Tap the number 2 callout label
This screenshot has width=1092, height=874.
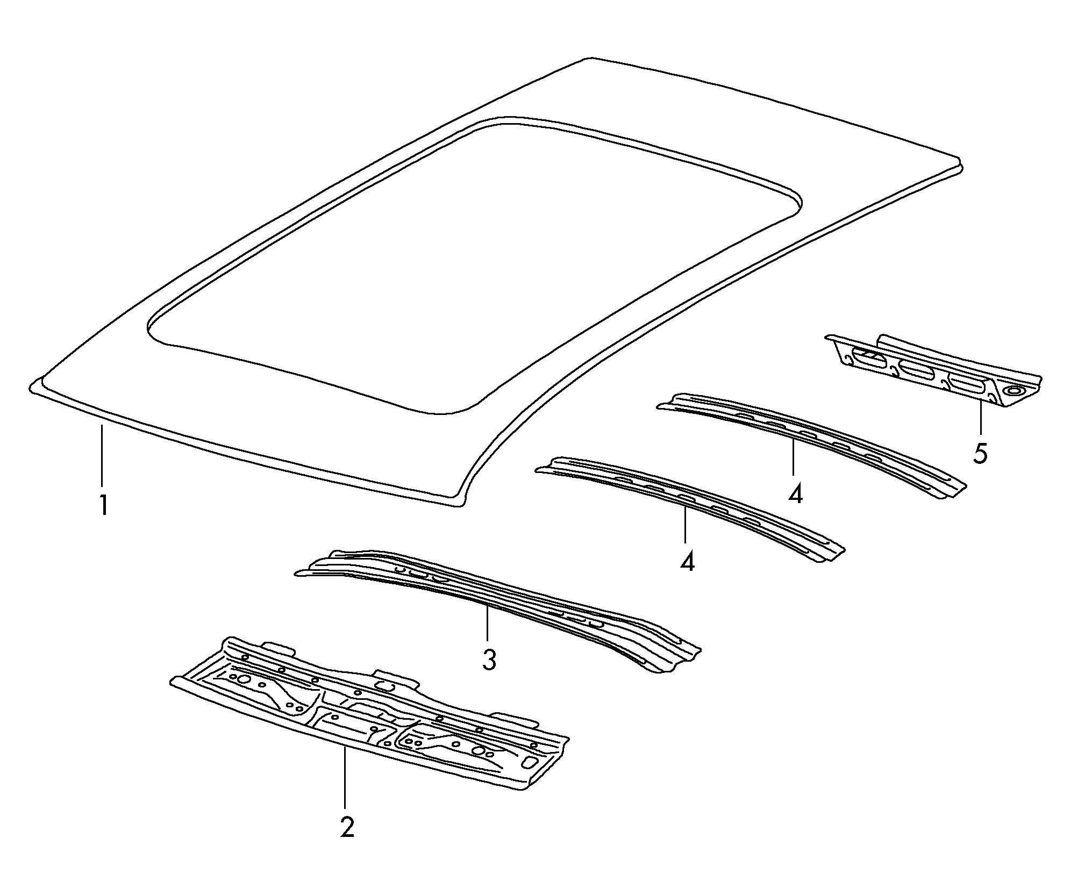pyautogui.click(x=347, y=842)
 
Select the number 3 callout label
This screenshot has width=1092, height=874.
pyautogui.click(x=489, y=659)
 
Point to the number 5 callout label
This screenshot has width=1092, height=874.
pyautogui.click(x=980, y=455)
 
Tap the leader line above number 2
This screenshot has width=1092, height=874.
pyautogui.click(x=345, y=785)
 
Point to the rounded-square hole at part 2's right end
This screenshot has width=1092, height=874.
pyautogui.click(x=528, y=763)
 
